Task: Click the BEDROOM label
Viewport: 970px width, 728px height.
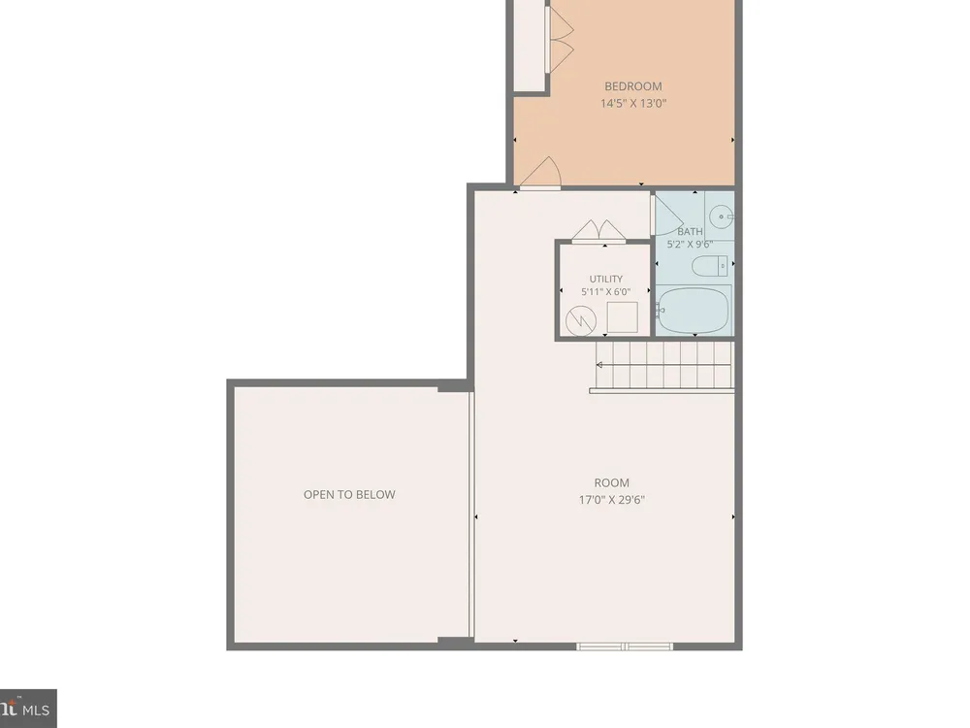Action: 632,86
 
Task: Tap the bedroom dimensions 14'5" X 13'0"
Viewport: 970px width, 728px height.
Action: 632,104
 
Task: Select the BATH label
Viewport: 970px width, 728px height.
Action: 690,232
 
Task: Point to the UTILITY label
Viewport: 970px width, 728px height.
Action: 605,280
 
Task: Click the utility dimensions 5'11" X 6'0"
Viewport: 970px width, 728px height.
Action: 605,292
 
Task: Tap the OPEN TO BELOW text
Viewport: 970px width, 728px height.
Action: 349,495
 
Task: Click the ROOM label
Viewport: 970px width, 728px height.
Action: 612,482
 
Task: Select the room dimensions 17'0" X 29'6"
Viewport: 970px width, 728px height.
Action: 612,500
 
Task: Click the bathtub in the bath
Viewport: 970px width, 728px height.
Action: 695,310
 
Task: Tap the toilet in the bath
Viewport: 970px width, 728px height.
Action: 710,266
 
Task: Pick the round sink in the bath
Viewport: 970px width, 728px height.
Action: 721,216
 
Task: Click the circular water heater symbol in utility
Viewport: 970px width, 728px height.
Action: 581,320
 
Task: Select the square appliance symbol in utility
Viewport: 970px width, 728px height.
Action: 623,317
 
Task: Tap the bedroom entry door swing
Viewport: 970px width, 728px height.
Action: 541,172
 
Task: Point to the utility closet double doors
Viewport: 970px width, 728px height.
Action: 598,230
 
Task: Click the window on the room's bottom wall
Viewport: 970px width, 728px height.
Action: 625,646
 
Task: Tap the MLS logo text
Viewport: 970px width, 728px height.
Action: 36,710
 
